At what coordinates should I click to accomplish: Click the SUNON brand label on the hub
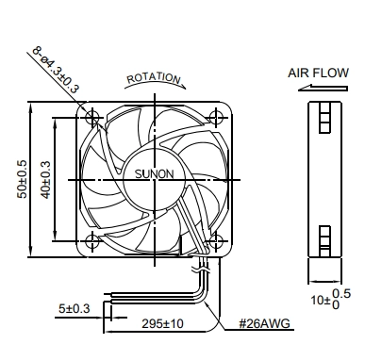click(x=154, y=174)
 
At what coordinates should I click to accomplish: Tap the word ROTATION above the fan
click(x=154, y=78)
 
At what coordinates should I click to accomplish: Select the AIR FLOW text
click(x=318, y=73)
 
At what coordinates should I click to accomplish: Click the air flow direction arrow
click(x=323, y=88)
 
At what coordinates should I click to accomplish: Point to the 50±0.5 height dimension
click(x=23, y=179)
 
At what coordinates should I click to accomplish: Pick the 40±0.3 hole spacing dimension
click(x=46, y=180)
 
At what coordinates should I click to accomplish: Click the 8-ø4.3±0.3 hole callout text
click(x=56, y=70)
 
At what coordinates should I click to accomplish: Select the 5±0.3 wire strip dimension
click(x=75, y=308)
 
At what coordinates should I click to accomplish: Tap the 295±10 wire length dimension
click(x=162, y=323)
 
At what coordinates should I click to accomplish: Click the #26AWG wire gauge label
click(x=264, y=323)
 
